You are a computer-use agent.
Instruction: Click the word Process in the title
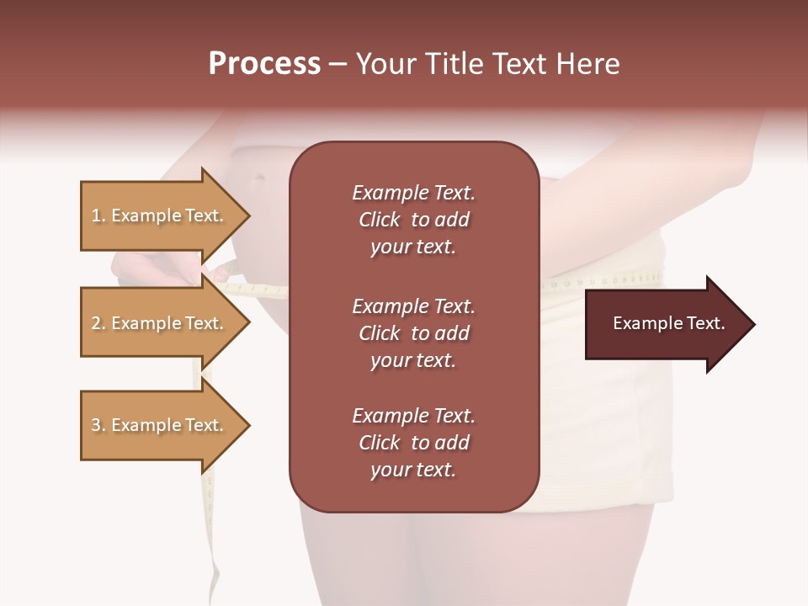click(264, 64)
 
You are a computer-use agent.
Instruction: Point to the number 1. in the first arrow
click(98, 215)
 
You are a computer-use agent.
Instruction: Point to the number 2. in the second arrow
click(98, 323)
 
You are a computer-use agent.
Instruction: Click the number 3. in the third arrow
click(98, 425)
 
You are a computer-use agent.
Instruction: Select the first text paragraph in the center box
click(413, 220)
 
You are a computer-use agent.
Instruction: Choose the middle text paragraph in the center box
click(413, 333)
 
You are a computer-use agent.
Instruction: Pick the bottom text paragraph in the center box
click(413, 443)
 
